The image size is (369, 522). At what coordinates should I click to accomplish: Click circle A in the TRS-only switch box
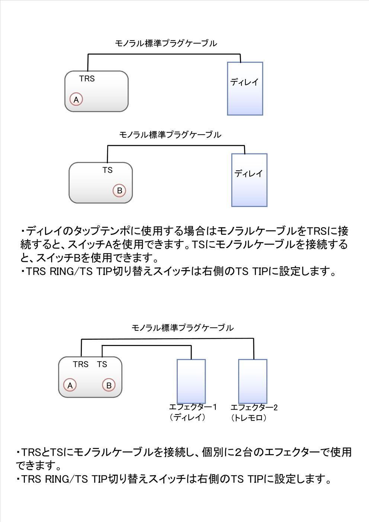pyautogui.click(x=76, y=99)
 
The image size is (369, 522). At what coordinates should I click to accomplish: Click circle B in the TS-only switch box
pyautogui.click(x=119, y=190)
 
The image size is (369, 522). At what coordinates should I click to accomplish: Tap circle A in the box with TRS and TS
pyautogui.click(x=70, y=385)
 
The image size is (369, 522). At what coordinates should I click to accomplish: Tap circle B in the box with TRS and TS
pyautogui.click(x=109, y=385)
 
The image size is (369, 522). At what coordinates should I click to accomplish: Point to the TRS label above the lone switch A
pyautogui.click(x=87, y=79)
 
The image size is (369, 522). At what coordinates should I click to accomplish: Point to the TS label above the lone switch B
pyautogui.click(x=108, y=170)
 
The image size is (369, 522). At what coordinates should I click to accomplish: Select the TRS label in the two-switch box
pyautogui.click(x=81, y=364)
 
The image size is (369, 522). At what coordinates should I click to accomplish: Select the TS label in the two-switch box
pyautogui.click(x=102, y=364)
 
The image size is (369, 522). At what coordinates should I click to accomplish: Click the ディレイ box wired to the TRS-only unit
pyautogui.click(x=245, y=89)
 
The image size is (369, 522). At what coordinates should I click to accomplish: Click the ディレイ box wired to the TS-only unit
pyautogui.click(x=249, y=180)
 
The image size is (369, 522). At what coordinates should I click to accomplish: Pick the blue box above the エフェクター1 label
pyautogui.click(x=191, y=381)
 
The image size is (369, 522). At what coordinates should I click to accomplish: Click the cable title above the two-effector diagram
pyautogui.click(x=182, y=328)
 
